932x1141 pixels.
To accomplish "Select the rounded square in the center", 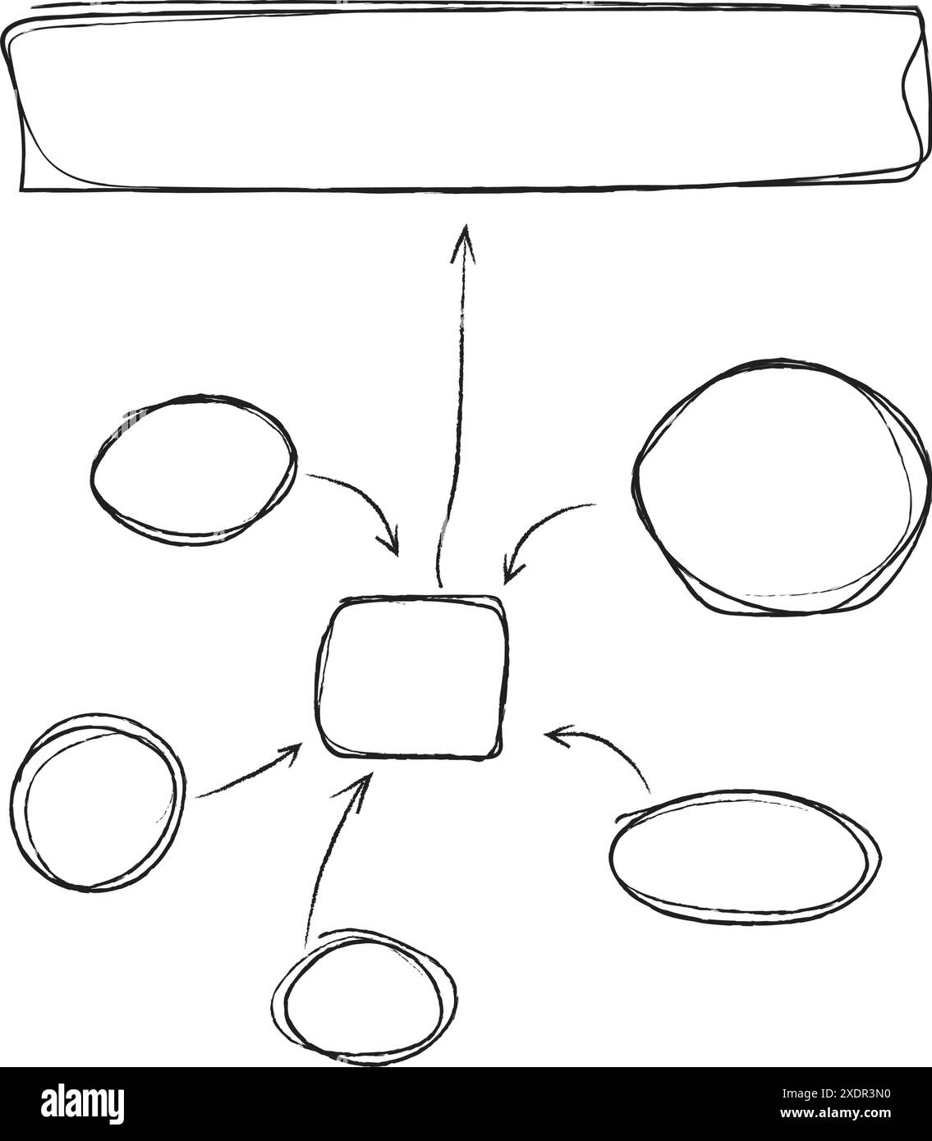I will pos(411,676).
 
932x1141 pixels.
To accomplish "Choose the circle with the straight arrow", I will pos(96,801).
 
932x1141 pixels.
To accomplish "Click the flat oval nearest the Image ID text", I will pos(745,857).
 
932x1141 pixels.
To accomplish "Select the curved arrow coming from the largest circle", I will pos(542,529).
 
